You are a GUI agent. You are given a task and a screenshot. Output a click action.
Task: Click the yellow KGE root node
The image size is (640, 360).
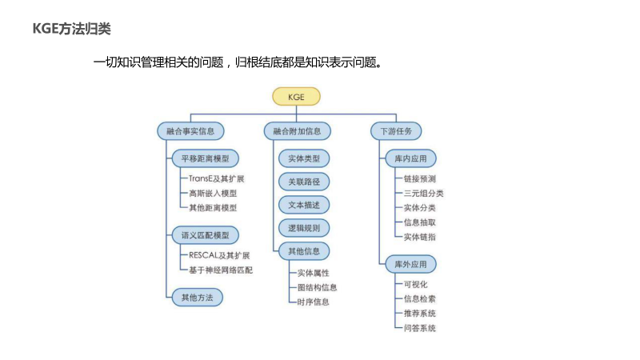tap(296, 98)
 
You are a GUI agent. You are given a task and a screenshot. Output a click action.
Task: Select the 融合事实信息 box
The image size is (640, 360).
tap(189, 130)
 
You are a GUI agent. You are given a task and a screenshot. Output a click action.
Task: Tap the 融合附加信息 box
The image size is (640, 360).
tap(297, 130)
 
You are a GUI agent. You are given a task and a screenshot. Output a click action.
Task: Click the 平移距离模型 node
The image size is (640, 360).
tap(205, 158)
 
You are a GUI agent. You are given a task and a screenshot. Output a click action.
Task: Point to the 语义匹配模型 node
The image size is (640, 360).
tap(205, 235)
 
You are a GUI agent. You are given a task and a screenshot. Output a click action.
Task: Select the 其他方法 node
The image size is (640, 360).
tap(197, 297)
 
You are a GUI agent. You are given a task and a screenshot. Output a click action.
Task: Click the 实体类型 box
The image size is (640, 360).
tap(303, 158)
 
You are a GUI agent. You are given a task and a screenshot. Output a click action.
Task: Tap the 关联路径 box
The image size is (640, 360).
tap(303, 182)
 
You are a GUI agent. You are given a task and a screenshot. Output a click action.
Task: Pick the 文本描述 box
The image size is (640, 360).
tap(303, 205)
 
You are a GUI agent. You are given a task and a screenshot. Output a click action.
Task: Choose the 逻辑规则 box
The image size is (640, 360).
tap(303, 228)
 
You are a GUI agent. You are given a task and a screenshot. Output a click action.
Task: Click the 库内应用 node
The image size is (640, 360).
tap(410, 158)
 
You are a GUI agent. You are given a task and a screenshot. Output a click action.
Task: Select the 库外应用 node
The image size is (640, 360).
tap(410, 263)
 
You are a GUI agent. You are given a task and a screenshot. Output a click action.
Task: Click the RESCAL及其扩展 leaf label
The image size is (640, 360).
tap(219, 255)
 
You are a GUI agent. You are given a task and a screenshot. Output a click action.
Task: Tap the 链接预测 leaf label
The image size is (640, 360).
tap(420, 178)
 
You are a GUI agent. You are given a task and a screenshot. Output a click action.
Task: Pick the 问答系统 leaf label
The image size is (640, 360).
tap(420, 328)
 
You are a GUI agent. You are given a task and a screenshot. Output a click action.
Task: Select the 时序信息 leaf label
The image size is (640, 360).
tap(313, 302)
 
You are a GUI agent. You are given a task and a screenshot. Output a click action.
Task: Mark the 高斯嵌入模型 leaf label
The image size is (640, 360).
tap(212, 193)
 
